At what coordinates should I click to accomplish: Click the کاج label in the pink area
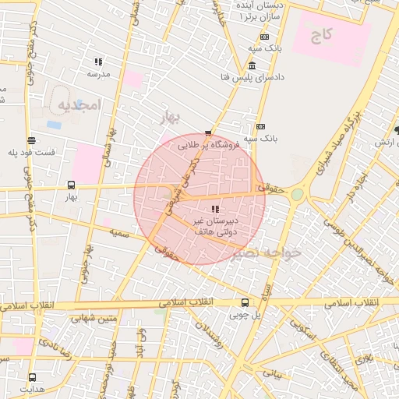pos(324,34)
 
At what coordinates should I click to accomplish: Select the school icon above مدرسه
pos(98,62)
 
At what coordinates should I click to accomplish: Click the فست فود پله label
pos(31,152)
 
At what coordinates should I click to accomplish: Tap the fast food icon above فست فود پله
pos(31,140)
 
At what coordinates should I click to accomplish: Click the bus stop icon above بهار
pos(72,185)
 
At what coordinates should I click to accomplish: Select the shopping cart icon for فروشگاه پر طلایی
pos(207,132)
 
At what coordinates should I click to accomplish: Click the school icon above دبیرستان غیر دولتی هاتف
pos(215,209)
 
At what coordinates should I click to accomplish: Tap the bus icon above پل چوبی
pos(245,302)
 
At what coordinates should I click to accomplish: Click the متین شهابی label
pos(94,317)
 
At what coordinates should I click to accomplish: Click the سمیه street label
pos(119,233)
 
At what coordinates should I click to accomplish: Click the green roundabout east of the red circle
pos(298,194)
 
